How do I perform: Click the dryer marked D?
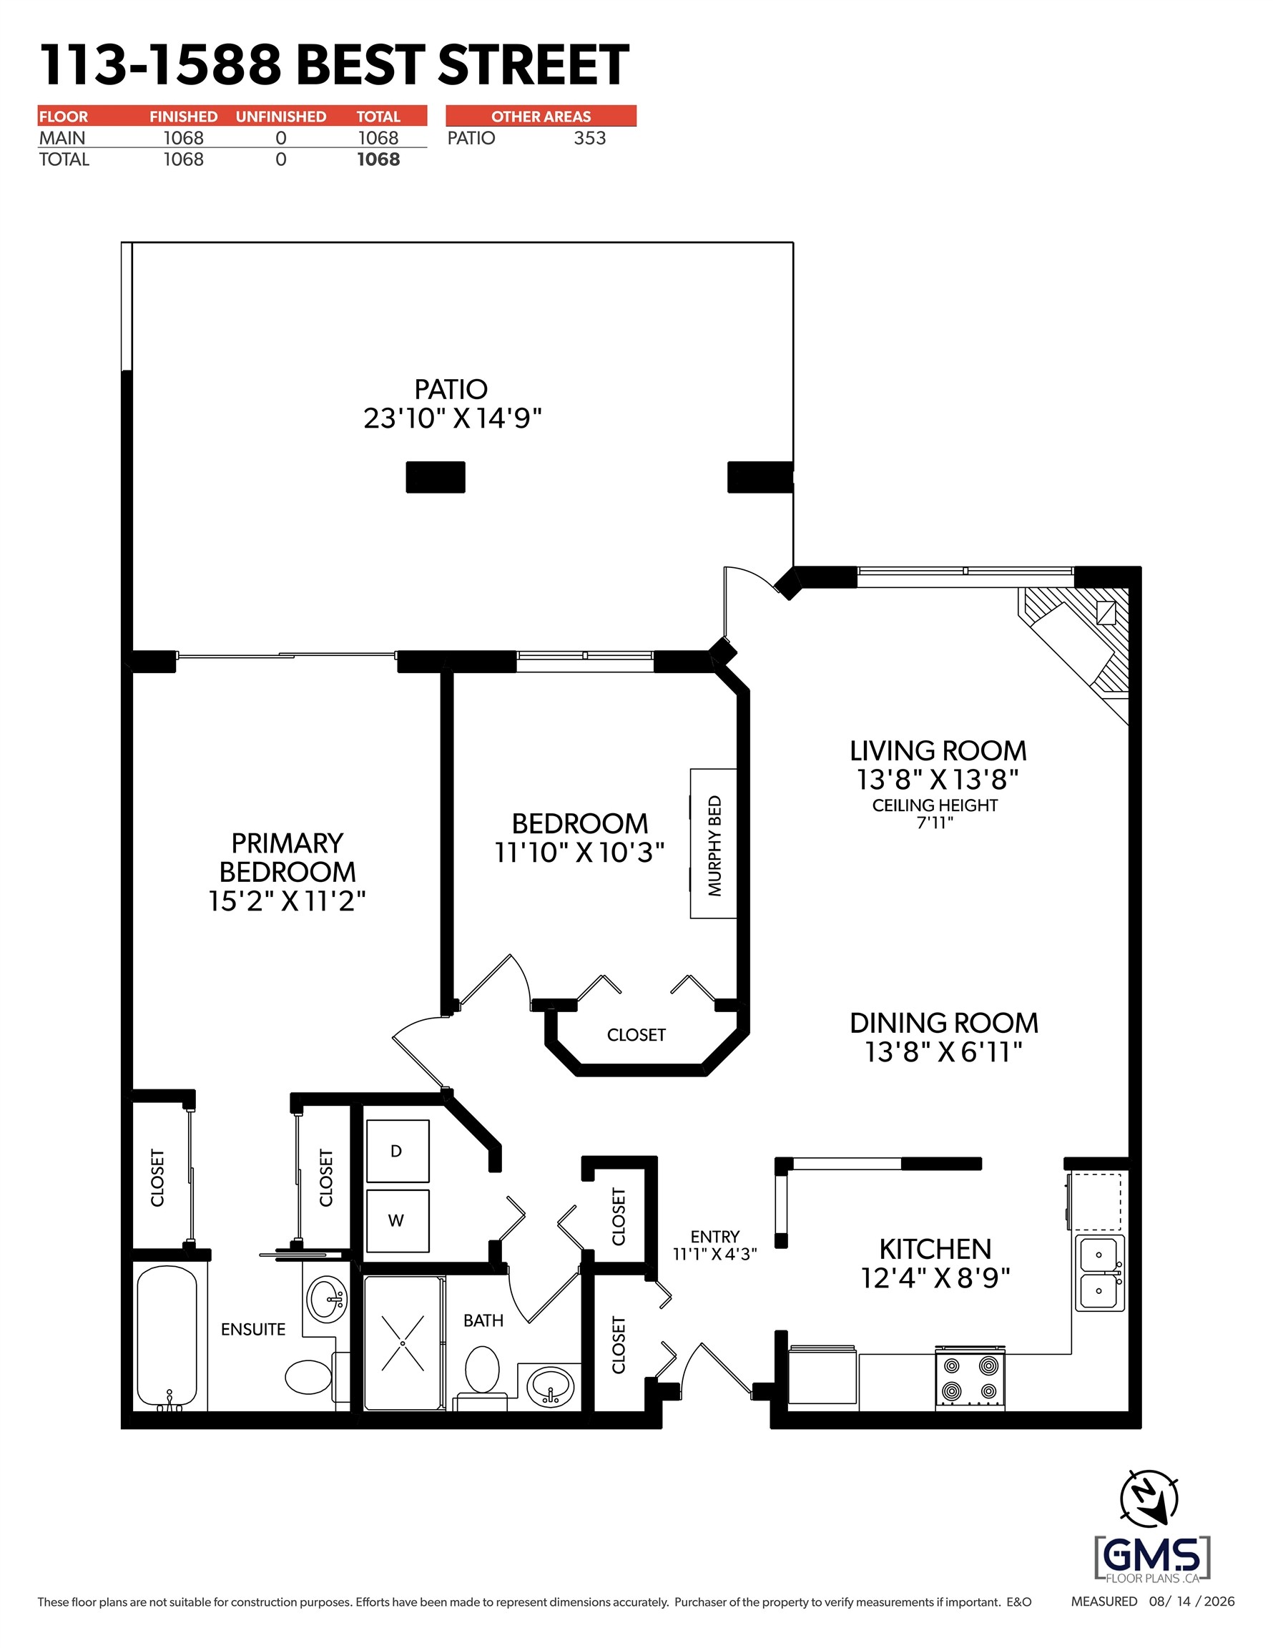tap(398, 1151)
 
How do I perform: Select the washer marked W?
tap(398, 1221)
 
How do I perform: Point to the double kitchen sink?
tap(1099, 1273)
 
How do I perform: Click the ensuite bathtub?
tap(167, 1337)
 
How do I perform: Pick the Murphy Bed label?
tap(714, 845)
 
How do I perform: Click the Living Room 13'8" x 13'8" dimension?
tap(937, 779)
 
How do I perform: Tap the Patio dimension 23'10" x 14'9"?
tap(453, 417)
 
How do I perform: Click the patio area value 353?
tap(590, 138)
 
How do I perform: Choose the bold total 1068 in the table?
tap(379, 160)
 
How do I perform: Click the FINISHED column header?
tap(183, 116)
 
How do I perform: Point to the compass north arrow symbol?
tap(1149, 1499)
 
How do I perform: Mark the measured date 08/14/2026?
tap(1191, 1602)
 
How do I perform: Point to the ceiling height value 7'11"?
tap(935, 823)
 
